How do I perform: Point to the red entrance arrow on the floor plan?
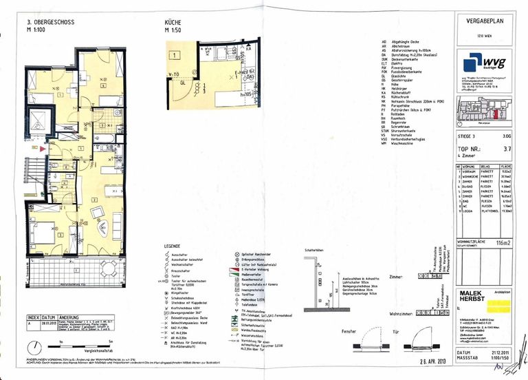click(43, 148)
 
